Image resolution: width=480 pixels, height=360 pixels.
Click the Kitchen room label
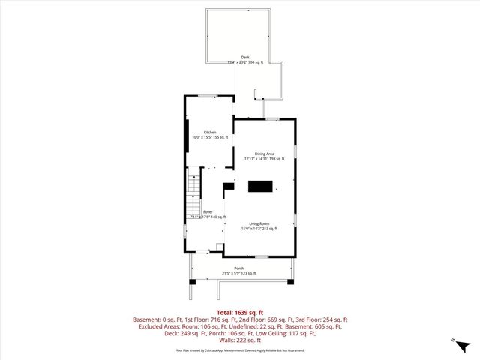pos(210,133)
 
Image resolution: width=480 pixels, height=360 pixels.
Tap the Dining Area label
pos(264,154)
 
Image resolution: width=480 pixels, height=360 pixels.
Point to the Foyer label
pos(208,212)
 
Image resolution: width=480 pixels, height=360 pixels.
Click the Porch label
pos(238,268)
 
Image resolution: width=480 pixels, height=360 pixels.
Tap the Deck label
pos(245,57)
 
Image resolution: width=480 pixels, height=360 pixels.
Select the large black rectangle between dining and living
pos(261,187)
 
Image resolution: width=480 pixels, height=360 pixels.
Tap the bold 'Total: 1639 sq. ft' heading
pos(239,311)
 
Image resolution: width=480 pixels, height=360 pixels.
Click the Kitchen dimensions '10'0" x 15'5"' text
pos(210,138)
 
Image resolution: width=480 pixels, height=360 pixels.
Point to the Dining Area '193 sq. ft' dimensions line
pos(264,159)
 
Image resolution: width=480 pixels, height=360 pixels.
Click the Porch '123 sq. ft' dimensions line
pos(238,274)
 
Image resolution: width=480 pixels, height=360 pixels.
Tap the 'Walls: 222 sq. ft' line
pos(239,339)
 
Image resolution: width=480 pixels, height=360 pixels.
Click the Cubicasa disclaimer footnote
pos(239,349)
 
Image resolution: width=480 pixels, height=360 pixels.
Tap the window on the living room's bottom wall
pos(261,256)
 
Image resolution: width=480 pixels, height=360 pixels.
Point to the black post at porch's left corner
pos(192,281)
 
